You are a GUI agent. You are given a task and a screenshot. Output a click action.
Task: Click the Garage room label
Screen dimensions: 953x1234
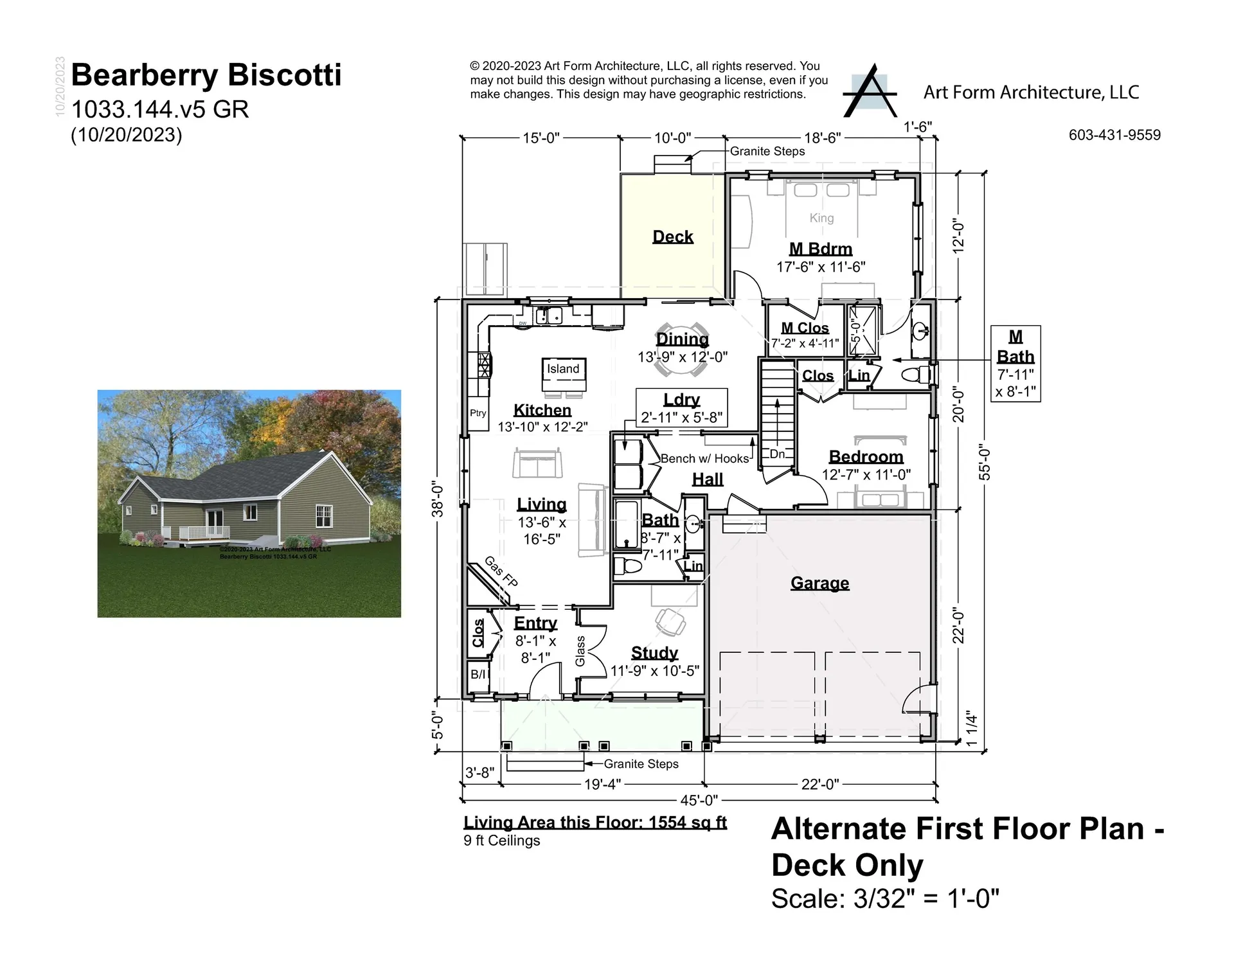tap(819, 583)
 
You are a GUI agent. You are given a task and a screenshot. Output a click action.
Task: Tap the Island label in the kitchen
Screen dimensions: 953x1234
tap(563, 369)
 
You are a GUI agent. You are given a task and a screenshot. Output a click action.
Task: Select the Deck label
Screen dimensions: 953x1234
tap(672, 236)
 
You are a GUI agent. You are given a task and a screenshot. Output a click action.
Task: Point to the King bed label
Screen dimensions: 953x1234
tap(821, 218)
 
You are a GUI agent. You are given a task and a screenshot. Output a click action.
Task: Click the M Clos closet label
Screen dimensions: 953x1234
tap(805, 328)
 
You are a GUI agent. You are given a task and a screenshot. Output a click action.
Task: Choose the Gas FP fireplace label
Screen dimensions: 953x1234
tap(501, 571)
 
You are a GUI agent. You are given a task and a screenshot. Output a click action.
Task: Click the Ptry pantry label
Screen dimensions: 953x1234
tap(478, 413)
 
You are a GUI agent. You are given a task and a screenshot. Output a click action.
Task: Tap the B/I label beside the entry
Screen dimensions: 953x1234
tap(478, 674)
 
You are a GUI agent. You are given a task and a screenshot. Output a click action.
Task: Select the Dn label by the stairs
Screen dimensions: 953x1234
tap(777, 454)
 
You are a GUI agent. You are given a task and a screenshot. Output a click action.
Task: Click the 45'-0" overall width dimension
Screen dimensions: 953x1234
tap(699, 800)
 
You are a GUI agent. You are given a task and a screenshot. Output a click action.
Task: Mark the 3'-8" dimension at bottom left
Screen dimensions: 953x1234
tap(479, 772)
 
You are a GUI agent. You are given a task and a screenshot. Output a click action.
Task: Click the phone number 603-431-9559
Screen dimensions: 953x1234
tap(1114, 135)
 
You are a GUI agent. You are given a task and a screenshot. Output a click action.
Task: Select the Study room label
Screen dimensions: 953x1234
tap(654, 653)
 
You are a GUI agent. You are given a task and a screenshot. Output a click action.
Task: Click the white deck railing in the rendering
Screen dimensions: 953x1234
tap(204, 532)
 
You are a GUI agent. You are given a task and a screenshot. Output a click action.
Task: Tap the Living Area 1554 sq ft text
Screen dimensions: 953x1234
tap(595, 823)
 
